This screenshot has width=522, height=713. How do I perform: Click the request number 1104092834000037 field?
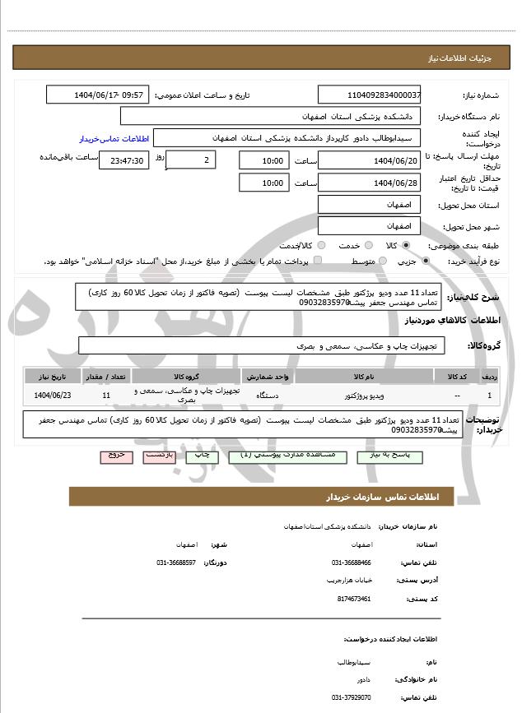click(x=369, y=95)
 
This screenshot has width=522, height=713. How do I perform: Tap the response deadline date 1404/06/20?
click(x=369, y=160)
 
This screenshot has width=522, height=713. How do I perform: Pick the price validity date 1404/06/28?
click(x=369, y=183)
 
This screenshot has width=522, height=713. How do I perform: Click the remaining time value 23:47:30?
click(x=124, y=161)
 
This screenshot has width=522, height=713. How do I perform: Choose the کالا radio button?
click(x=406, y=245)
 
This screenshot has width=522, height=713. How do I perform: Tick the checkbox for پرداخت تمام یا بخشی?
click(x=318, y=261)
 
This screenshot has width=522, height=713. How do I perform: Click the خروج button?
click(x=116, y=454)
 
